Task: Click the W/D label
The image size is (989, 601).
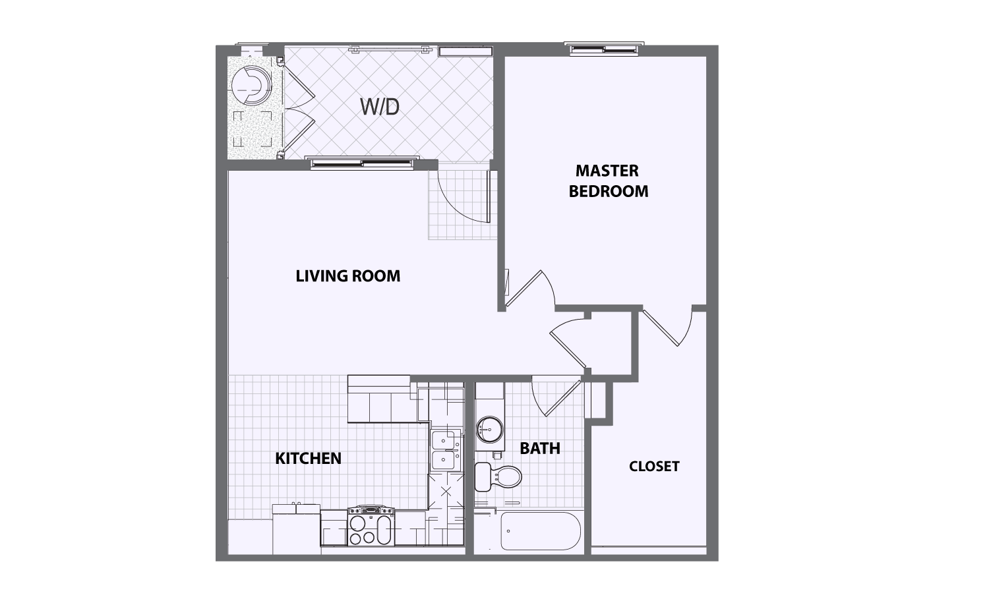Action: tap(380, 107)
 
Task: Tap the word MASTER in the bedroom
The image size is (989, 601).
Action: tap(607, 171)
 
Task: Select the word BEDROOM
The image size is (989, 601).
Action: tap(608, 191)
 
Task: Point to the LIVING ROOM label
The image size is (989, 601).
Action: tap(347, 275)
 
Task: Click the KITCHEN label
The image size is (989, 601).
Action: tap(308, 458)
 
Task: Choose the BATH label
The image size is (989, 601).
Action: tap(539, 448)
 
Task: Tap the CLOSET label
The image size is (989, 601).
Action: tap(653, 467)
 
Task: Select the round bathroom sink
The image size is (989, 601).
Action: tap(489, 429)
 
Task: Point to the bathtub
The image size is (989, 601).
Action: tap(540, 531)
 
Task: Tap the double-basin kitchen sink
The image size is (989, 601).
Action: tap(445, 449)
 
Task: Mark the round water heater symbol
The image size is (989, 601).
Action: tap(250, 86)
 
